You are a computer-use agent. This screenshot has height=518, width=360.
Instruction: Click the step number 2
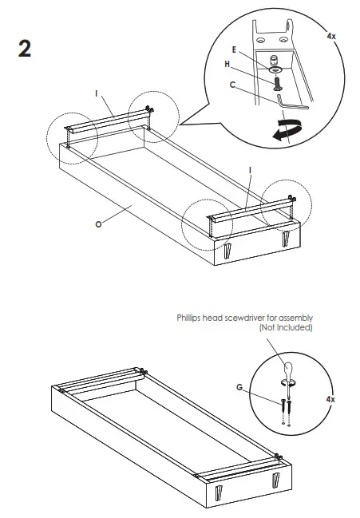25,49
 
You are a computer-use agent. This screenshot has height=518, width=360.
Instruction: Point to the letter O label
97,224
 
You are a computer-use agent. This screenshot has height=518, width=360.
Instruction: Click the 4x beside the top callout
331,36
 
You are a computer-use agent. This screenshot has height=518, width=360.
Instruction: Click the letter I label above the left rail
97,94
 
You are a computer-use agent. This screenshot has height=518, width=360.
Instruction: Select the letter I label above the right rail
251,170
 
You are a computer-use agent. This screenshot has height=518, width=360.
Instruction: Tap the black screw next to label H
275,81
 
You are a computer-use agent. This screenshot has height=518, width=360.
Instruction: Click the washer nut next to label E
275,60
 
